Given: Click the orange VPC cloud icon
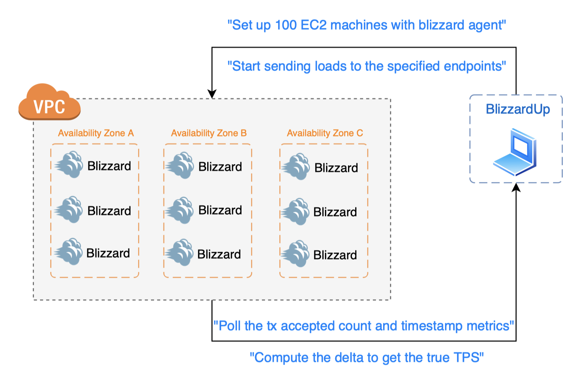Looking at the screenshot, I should coord(49,103).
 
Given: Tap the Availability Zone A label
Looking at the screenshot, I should coord(96,133).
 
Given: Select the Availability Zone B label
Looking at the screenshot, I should coord(209,133).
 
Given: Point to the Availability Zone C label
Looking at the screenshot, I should coord(325,133).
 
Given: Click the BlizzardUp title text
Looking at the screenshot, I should coord(517,109).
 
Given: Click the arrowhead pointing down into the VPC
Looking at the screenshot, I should coord(212,94).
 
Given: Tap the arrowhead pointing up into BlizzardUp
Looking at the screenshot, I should coord(516,187).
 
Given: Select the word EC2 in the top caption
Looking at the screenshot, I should coord(314,25).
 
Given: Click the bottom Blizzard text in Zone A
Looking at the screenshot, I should coord(108,253).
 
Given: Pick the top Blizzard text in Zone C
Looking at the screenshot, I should coord(336,168).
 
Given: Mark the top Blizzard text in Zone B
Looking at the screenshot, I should coord(220,167).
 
